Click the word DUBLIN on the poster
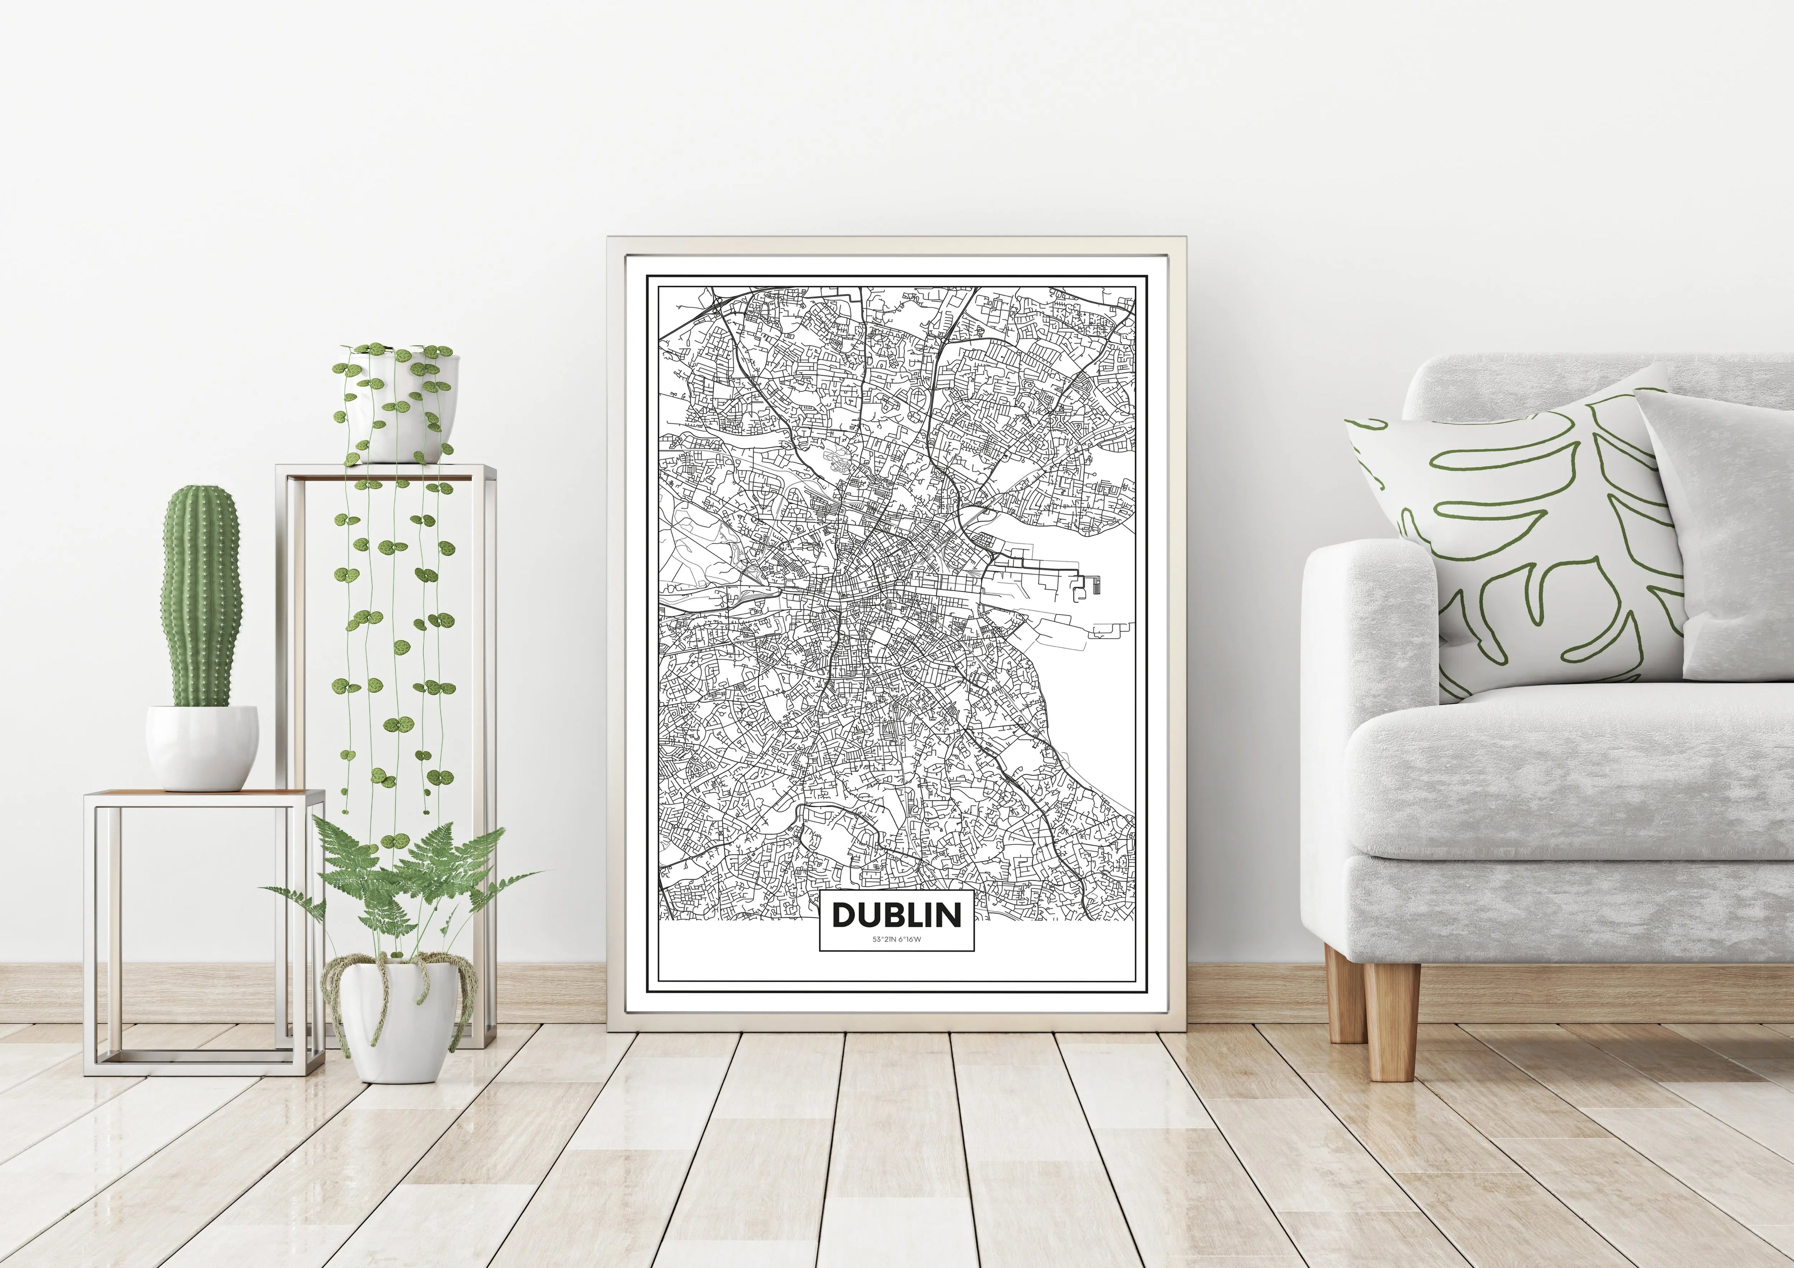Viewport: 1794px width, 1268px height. pos(896,914)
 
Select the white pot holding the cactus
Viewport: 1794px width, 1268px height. pos(201,746)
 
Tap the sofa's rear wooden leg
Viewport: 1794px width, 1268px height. pos(1345,992)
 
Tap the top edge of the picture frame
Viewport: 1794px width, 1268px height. pos(896,245)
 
